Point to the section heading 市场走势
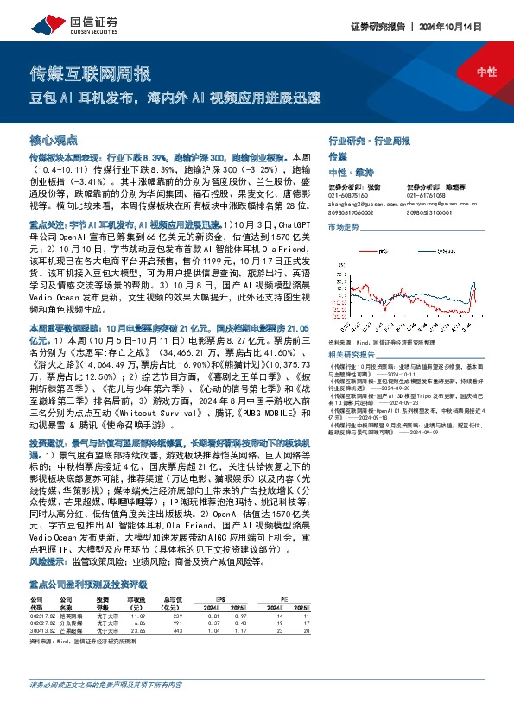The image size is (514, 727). (x=342, y=226)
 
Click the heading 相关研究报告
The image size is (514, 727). (x=349, y=355)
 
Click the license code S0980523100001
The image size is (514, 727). (x=430, y=210)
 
